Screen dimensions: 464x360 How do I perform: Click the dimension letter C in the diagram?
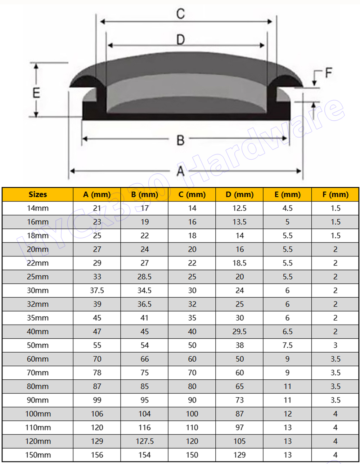[180, 14]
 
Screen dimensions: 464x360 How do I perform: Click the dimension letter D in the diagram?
[181, 40]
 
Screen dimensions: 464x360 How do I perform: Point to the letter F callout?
[328, 73]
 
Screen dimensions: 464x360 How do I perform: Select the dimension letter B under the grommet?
[181, 140]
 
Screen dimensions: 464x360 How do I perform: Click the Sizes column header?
[37, 195]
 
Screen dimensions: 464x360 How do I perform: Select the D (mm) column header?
[240, 195]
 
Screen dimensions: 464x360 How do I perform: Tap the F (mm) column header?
[335, 195]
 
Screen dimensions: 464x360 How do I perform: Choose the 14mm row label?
[37, 208]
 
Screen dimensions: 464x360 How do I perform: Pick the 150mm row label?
[37, 455]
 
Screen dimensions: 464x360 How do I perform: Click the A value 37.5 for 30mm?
[97, 290]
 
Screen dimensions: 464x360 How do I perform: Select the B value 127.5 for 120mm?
[144, 441]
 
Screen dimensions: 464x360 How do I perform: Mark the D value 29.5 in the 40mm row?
[240, 331]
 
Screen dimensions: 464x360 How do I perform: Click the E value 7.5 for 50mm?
[287, 345]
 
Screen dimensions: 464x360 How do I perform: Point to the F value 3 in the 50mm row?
[335, 345]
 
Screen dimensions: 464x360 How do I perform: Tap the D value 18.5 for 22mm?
[240, 263]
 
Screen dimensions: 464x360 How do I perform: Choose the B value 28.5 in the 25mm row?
[144, 277]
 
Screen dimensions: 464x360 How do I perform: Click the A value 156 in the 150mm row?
[97, 455]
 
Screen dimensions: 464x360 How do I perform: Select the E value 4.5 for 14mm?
[287, 208]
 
